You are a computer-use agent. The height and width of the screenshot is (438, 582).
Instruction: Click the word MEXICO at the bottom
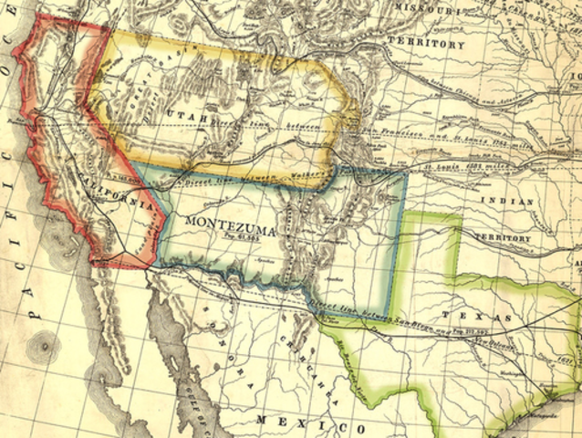[x=300, y=421]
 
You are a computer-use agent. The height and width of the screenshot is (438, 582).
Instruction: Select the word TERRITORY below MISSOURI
[x=425, y=43]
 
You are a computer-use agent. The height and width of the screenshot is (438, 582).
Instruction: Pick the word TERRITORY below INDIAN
[x=502, y=238]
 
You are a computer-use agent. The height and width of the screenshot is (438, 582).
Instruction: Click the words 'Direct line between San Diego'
[x=365, y=311]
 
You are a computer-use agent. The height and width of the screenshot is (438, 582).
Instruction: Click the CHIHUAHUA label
[x=301, y=365]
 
